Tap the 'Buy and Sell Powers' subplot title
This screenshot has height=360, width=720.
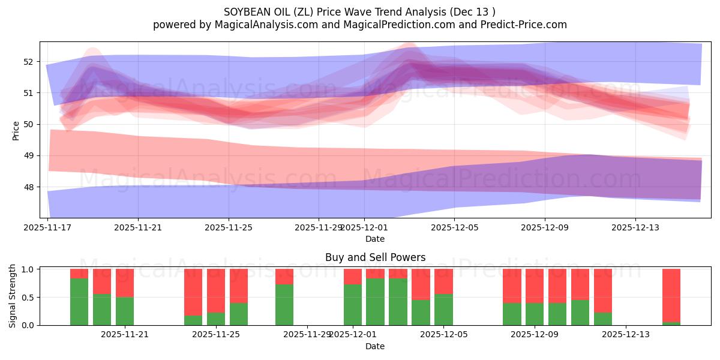click(x=375, y=257)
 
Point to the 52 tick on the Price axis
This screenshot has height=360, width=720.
click(x=28, y=61)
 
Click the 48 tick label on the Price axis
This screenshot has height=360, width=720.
click(x=28, y=187)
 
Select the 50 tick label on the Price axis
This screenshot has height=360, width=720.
click(x=28, y=124)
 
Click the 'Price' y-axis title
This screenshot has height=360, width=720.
click(x=16, y=130)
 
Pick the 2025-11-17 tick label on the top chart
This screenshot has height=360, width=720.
click(x=48, y=227)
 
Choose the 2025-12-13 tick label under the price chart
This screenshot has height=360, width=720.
click(x=635, y=227)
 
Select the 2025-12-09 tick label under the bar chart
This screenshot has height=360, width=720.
click(x=535, y=334)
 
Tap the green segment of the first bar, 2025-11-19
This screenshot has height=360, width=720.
click(x=79, y=302)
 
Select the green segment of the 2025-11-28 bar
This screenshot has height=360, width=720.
click(x=284, y=305)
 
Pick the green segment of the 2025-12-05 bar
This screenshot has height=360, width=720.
click(x=443, y=310)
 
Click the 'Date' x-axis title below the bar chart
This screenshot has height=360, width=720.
click(x=375, y=346)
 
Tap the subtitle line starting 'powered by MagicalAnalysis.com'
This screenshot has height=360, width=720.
click(x=359, y=25)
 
